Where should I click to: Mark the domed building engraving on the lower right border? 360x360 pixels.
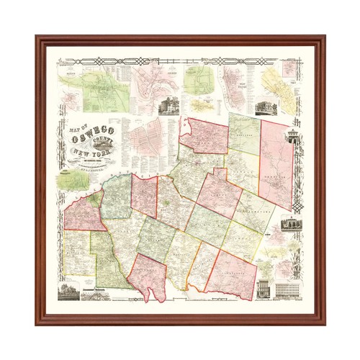[x=291, y=227]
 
